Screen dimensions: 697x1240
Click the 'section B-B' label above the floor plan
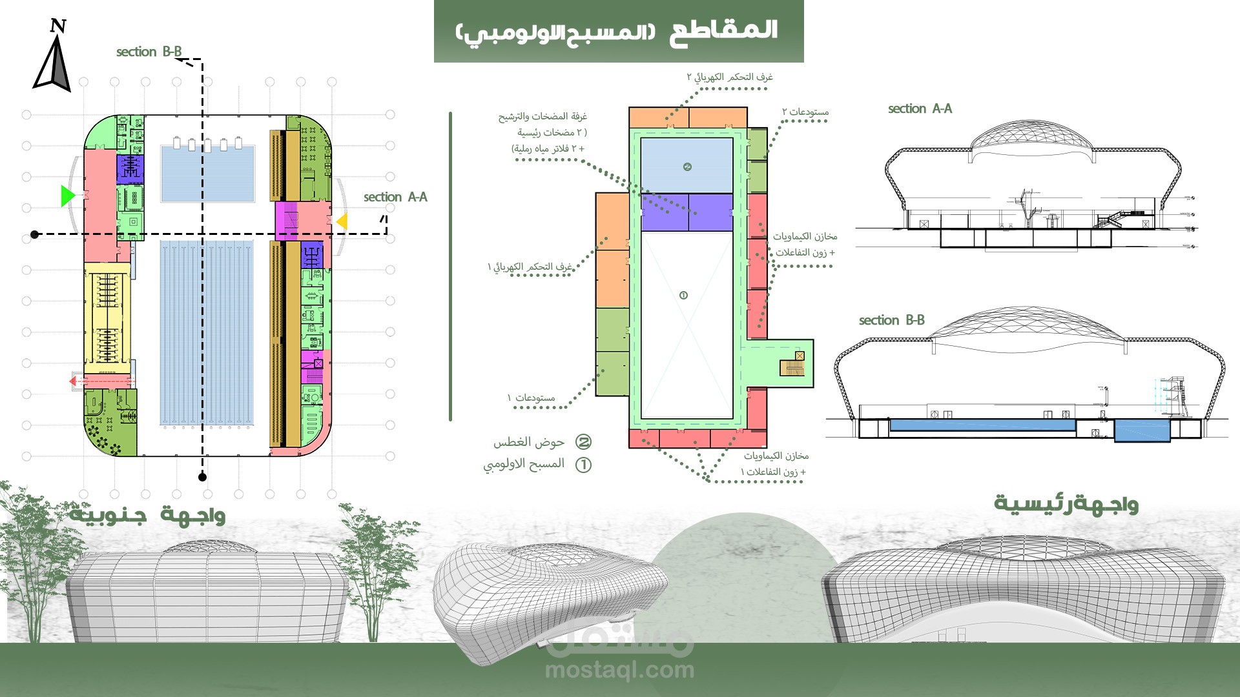(149, 52)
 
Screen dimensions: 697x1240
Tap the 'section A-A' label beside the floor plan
(395, 197)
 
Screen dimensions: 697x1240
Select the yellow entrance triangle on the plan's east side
(342, 221)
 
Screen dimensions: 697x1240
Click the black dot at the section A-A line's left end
(35, 234)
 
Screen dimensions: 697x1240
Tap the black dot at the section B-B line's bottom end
(202, 477)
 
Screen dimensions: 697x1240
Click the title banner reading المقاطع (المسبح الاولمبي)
(618, 31)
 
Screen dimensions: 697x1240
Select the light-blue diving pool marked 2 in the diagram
(687, 166)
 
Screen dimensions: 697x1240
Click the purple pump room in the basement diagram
(687, 212)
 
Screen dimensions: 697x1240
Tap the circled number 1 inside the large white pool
(683, 296)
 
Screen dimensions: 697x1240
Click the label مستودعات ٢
(805, 112)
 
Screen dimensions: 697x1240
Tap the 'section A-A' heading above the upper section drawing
(920, 108)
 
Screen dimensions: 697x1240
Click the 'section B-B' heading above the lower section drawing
(891, 320)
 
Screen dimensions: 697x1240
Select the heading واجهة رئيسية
(1066, 504)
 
